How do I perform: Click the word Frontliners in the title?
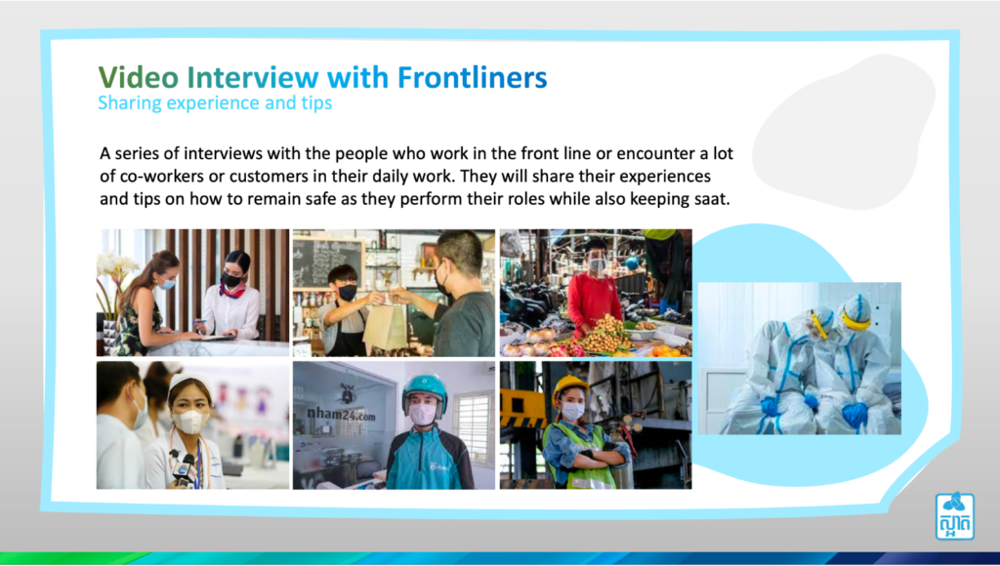[472, 77]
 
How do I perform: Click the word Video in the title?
[139, 77]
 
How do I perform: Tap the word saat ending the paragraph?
[711, 199]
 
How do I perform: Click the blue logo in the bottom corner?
[955, 515]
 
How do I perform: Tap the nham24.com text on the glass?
[341, 415]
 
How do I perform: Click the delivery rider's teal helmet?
[424, 388]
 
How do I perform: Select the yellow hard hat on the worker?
[569, 386]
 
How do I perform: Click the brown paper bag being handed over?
[385, 326]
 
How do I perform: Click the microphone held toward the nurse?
[183, 469]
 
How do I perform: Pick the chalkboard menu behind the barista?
[328, 260]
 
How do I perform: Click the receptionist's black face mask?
[231, 280]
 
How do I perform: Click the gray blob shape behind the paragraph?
[842, 134]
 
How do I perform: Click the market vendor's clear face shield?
[598, 263]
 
